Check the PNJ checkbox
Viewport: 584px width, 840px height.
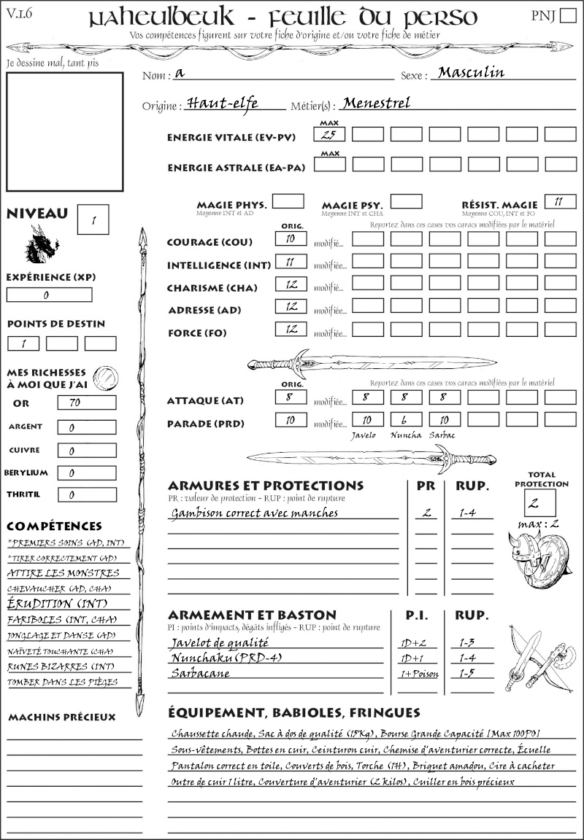coord(566,16)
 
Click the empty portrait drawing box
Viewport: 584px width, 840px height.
coord(64,132)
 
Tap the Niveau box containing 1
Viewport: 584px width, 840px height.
coord(94,218)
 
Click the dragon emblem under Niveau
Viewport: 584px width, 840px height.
coord(42,245)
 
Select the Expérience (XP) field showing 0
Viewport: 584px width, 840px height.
coord(50,295)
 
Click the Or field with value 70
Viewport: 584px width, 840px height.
coord(86,402)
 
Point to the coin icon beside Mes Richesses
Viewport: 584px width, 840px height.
coord(106,378)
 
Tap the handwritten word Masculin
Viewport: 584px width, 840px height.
coord(471,73)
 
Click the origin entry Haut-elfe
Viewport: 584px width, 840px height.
coord(222,103)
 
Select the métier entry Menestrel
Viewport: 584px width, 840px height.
coord(376,103)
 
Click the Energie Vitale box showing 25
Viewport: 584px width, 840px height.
coord(329,134)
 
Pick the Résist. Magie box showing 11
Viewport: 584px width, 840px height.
coord(560,201)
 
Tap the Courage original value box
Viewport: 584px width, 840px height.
coord(291,238)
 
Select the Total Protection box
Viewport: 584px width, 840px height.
coord(539,503)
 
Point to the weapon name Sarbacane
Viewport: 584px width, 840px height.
coord(200,674)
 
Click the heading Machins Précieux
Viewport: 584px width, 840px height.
coord(62,717)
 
